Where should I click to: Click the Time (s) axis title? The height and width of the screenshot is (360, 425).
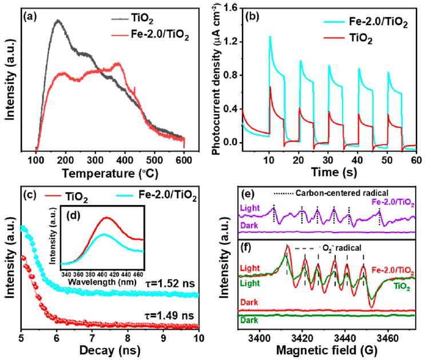pyautogui.click(x=325, y=171)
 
